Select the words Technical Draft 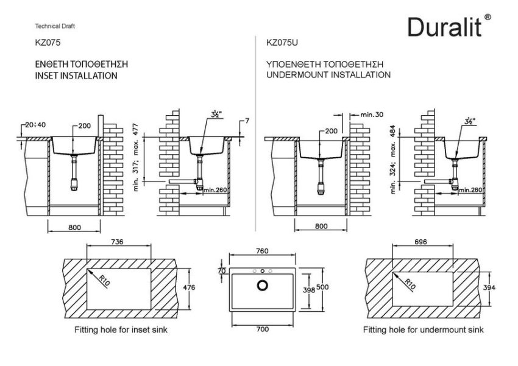click(x=55, y=27)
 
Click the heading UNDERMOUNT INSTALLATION click(x=328, y=75)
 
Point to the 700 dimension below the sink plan click(x=262, y=329)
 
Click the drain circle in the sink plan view click(x=263, y=284)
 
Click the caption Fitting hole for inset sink click(x=121, y=330)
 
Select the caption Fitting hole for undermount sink click(x=423, y=330)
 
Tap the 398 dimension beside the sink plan click(x=309, y=290)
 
